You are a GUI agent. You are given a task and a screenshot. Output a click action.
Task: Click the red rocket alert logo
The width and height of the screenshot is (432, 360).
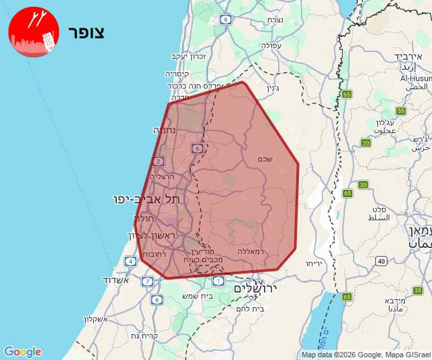34,32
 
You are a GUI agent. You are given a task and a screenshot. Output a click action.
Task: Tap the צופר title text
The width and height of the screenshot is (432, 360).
86,32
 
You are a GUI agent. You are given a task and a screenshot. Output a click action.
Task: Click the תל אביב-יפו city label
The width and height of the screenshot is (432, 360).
147,199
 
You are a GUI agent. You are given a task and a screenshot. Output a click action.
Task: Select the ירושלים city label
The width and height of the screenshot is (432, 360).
256,288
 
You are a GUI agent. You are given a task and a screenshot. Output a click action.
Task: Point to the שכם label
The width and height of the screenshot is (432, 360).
265,159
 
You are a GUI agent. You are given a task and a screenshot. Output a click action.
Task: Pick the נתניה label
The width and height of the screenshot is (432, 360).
165,130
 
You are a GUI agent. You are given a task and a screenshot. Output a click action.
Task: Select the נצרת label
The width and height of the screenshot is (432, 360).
275,20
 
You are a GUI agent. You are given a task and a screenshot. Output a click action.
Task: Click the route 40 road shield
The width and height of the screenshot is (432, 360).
381,261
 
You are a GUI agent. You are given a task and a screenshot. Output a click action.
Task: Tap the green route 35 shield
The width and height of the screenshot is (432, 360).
418,290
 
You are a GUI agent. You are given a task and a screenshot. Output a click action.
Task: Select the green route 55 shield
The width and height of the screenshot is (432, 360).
401,111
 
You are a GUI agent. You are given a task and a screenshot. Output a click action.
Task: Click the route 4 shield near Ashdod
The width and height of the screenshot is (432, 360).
130,261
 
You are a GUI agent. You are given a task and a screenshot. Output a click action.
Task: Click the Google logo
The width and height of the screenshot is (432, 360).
22,352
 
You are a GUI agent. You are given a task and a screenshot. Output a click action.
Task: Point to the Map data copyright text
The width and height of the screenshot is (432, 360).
365,355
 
